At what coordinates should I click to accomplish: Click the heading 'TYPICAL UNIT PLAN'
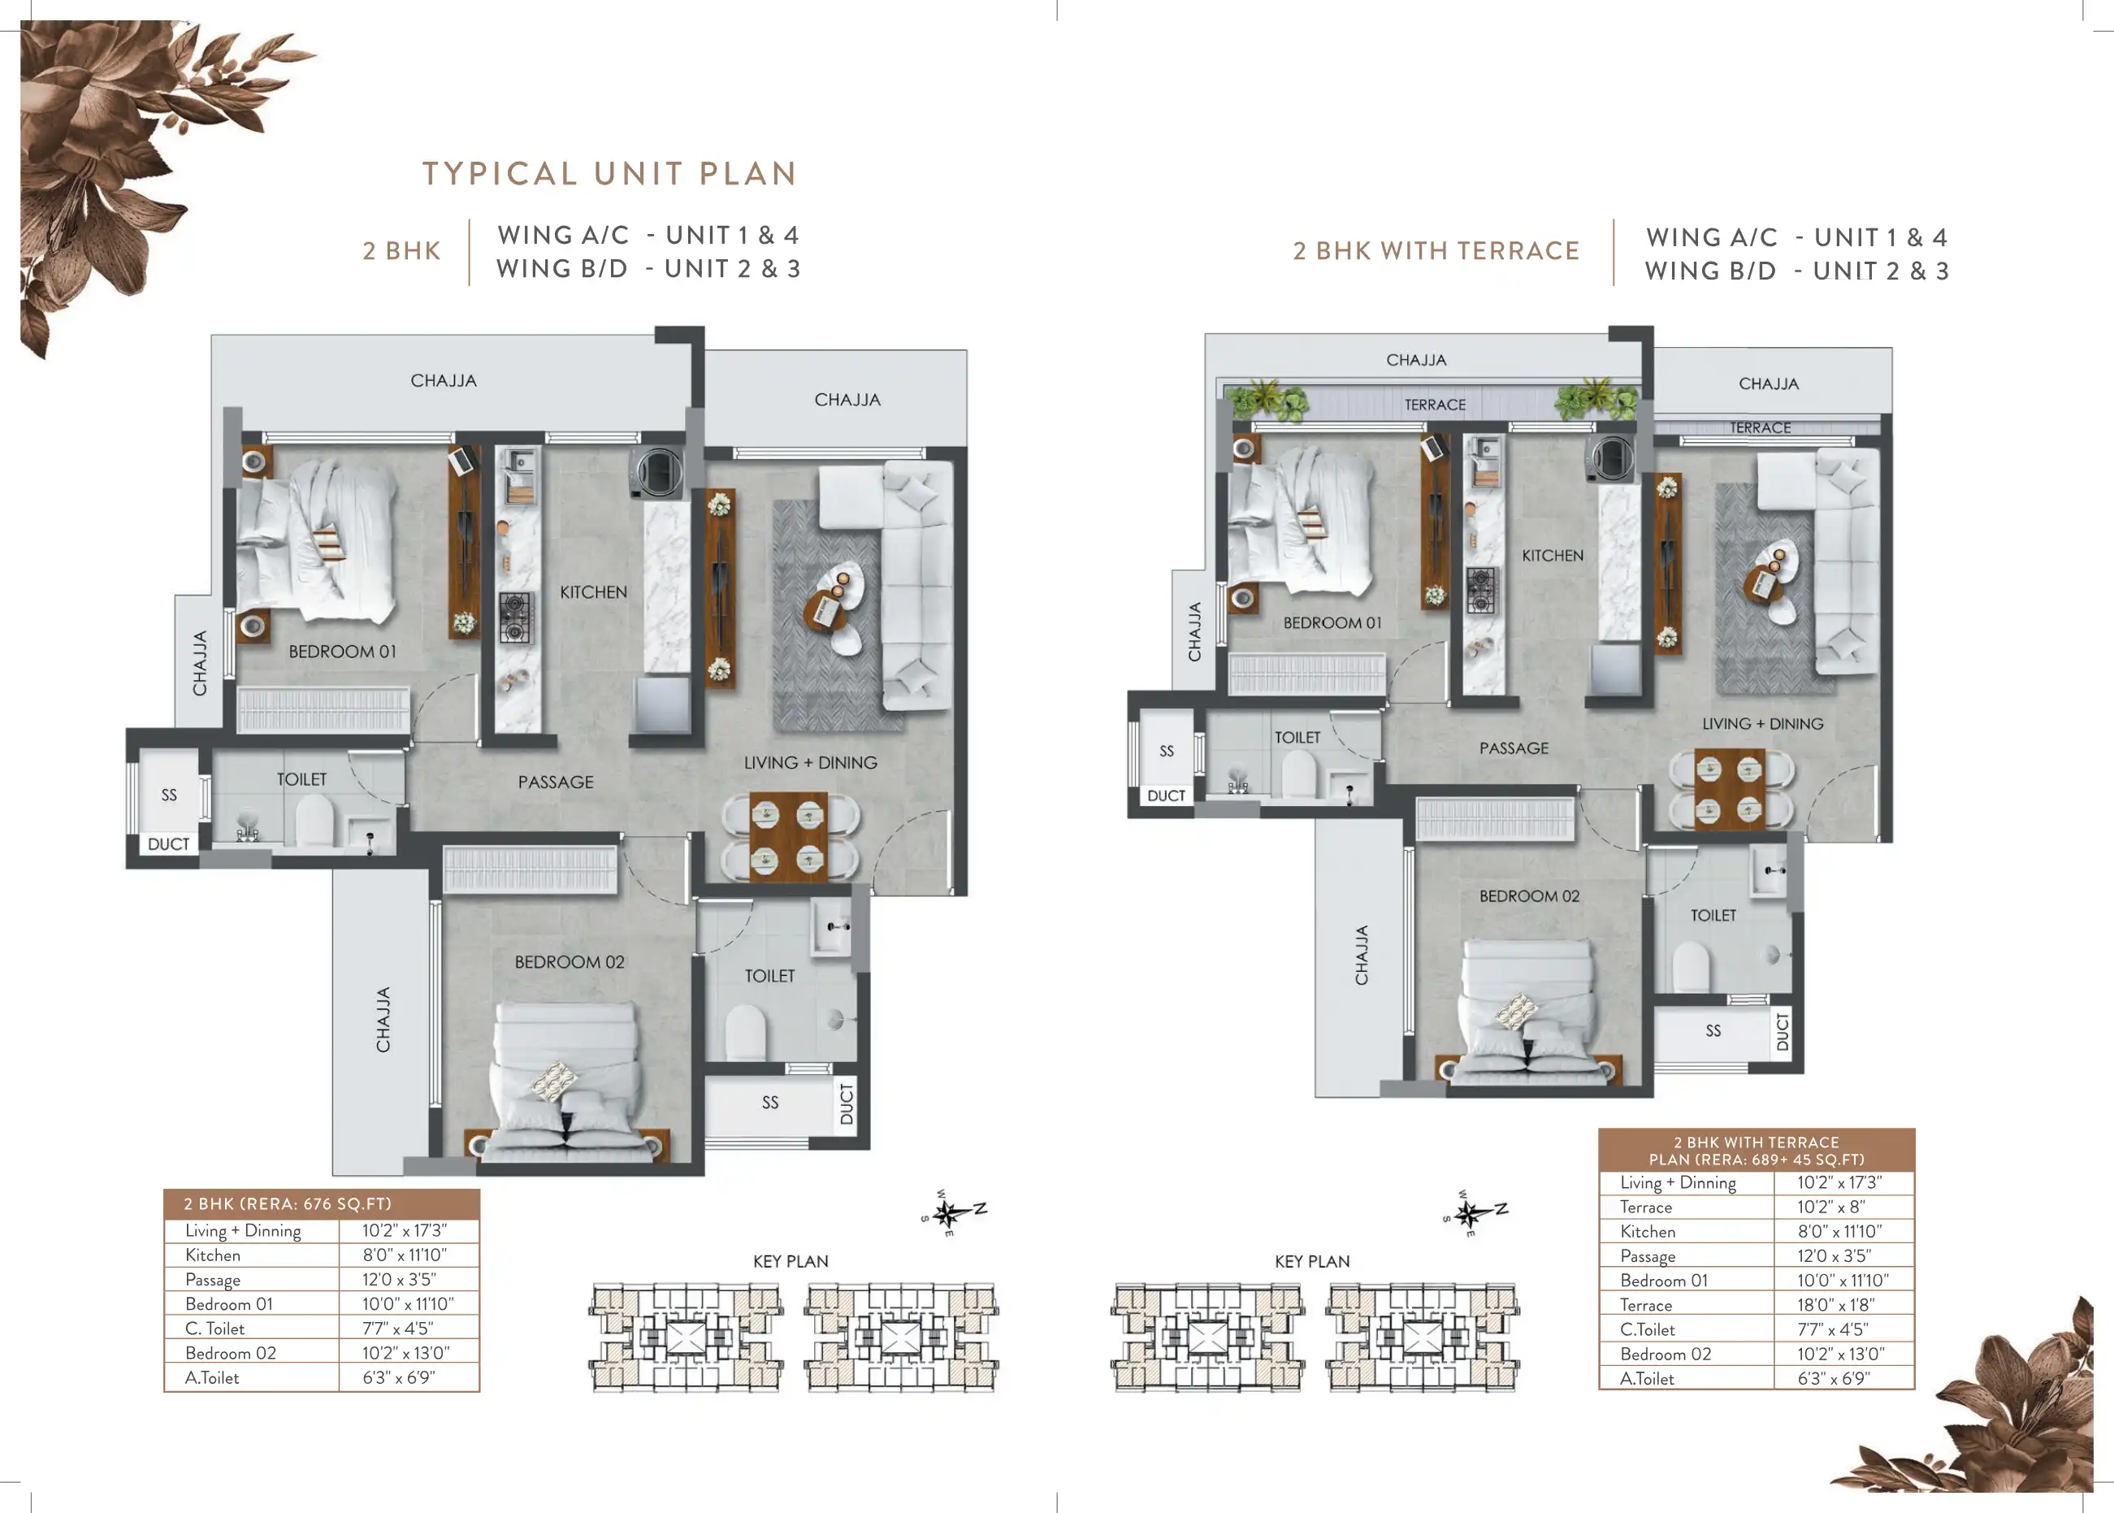(610, 173)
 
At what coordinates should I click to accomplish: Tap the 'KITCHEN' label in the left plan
(593, 592)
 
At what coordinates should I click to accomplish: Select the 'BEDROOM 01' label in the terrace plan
(1332, 622)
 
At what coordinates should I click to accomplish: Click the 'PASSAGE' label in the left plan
(556, 782)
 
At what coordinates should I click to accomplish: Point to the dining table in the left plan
(789, 838)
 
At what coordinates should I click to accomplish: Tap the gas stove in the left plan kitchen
(516, 617)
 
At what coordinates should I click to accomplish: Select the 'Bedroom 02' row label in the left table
(231, 1353)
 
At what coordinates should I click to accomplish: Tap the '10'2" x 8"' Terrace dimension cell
(1831, 1207)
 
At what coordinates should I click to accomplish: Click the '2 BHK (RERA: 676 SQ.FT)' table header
(288, 1203)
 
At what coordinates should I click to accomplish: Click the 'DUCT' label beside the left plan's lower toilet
(847, 1104)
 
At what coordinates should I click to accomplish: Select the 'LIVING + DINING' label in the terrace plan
(1763, 724)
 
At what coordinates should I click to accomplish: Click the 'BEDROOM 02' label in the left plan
(570, 961)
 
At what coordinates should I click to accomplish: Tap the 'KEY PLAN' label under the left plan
(791, 1261)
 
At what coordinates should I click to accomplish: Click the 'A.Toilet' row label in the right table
(1647, 1379)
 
